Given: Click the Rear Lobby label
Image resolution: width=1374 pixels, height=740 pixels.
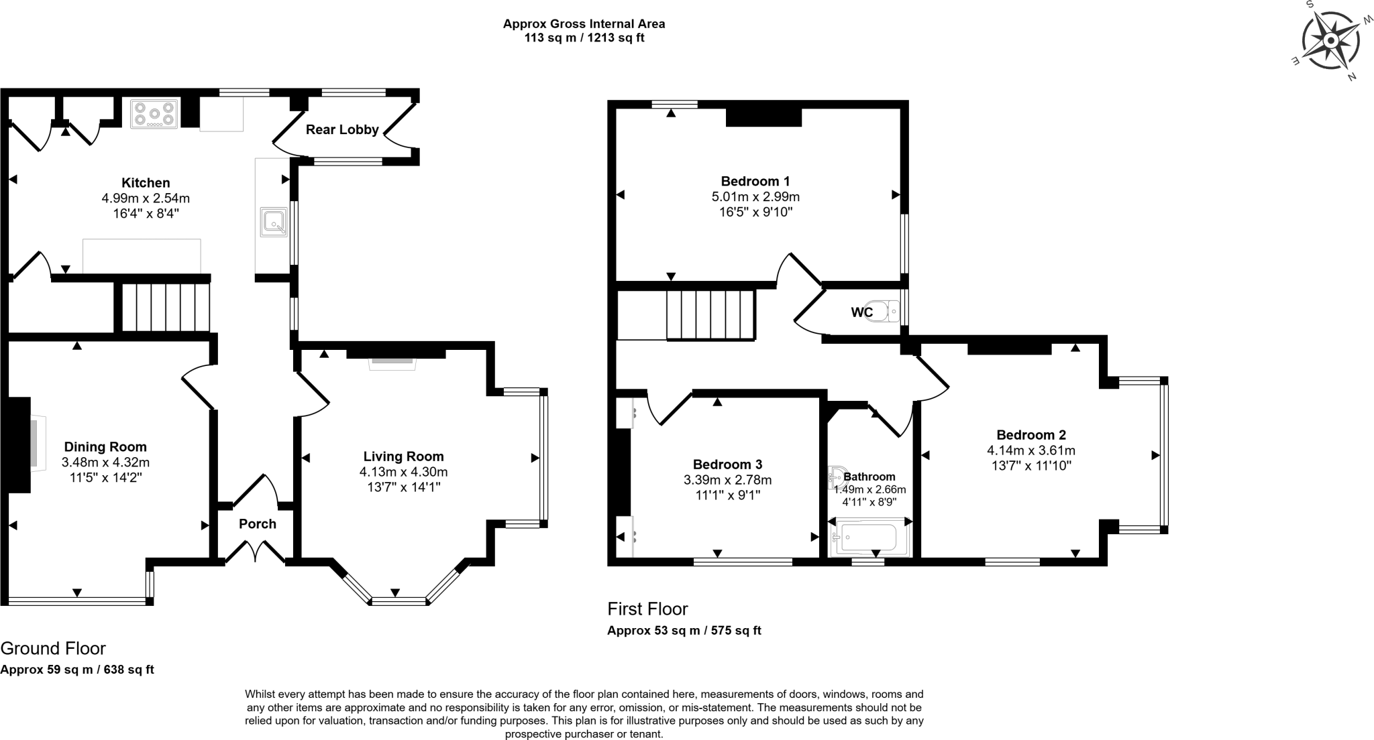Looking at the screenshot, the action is (x=342, y=129).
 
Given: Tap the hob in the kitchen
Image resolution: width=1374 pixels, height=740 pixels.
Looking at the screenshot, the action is (x=155, y=113).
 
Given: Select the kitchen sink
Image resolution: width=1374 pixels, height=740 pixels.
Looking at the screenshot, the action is (x=274, y=223).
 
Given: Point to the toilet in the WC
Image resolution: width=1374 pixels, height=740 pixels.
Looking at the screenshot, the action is (x=884, y=312).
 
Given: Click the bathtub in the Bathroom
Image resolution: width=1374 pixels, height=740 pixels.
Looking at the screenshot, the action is (x=869, y=538).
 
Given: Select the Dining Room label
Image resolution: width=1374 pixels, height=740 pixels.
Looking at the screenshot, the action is (x=105, y=447).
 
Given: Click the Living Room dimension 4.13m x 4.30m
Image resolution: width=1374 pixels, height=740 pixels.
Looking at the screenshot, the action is (x=403, y=472).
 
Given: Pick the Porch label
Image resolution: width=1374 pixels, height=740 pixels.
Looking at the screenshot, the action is (x=258, y=524).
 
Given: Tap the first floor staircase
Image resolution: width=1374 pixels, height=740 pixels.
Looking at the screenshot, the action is (x=711, y=315).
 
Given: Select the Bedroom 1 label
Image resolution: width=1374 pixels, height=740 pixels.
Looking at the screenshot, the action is (x=755, y=181).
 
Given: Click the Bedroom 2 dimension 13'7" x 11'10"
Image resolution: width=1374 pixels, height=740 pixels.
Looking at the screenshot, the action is (x=1031, y=466).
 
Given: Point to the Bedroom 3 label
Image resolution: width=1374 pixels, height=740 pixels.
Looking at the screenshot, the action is (x=727, y=465).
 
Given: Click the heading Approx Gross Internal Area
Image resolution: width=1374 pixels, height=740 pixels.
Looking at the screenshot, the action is (x=584, y=24).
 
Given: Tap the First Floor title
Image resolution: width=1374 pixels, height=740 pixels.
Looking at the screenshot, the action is (x=647, y=609).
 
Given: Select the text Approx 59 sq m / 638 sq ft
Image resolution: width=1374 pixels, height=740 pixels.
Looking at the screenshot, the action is (x=77, y=670).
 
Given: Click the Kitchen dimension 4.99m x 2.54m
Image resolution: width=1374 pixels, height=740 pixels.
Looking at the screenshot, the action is (x=146, y=198).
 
